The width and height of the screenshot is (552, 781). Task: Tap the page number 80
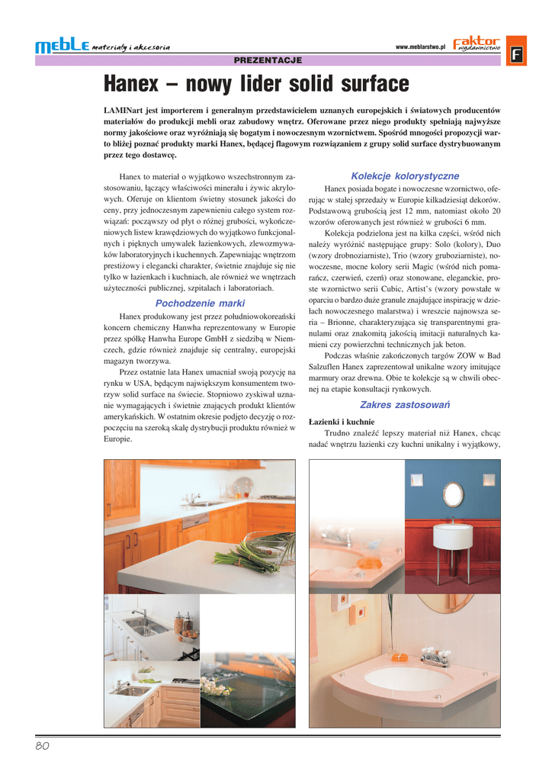pos(42,746)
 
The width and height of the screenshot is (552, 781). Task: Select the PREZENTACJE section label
pos(268,60)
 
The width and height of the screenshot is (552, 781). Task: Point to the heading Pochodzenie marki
pos(200,303)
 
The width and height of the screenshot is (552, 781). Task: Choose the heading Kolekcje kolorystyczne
pos(405,176)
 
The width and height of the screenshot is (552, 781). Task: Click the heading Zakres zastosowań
pos(405,404)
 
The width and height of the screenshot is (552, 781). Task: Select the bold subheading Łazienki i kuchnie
pos(342,421)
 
